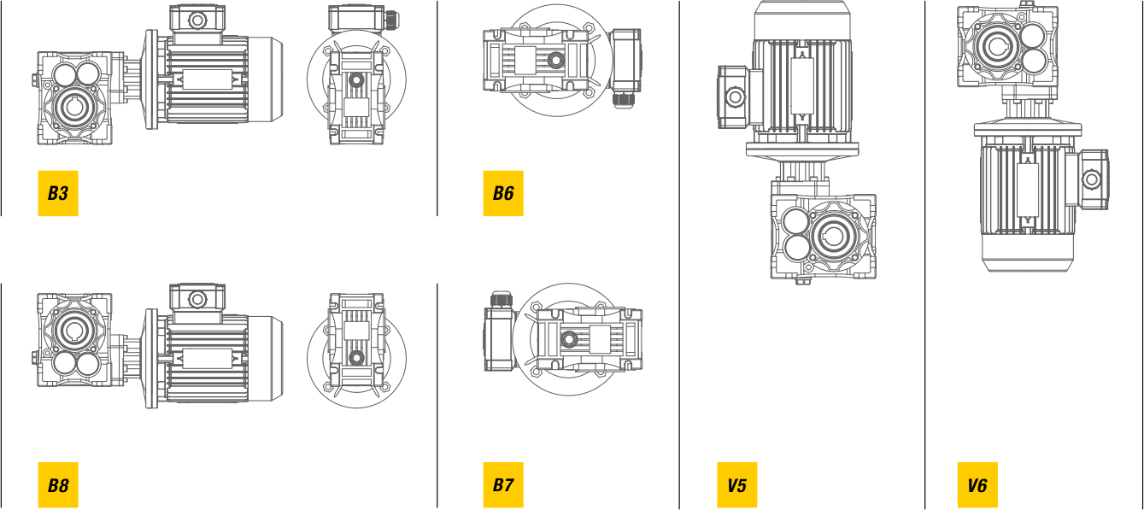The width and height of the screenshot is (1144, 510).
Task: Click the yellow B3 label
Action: pyautogui.click(x=58, y=194)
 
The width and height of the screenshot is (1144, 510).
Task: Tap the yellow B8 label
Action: pyautogui.click(x=58, y=485)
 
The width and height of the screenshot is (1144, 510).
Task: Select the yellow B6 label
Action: pyautogui.click(x=503, y=194)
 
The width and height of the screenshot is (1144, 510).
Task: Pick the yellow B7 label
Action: pyautogui.click(x=503, y=485)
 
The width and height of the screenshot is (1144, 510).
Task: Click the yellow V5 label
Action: pyautogui.click(x=736, y=485)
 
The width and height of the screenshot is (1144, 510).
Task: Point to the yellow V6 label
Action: pyautogui.click(x=977, y=485)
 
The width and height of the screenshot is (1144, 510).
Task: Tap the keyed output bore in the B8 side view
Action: pyautogui.click(x=73, y=327)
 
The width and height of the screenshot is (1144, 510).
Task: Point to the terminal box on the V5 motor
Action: pyautogui.click(x=734, y=97)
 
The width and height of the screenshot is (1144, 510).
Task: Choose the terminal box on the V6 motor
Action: pyautogui.click(x=1093, y=179)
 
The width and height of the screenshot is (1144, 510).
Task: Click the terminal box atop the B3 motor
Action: pyautogui.click(x=197, y=20)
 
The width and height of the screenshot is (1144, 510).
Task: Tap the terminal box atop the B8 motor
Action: pyautogui.click(x=197, y=298)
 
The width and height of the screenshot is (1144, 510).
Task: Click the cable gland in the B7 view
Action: pyautogui.click(x=500, y=300)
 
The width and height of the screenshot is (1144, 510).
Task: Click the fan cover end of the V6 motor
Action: pyautogui.click(x=1026, y=253)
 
